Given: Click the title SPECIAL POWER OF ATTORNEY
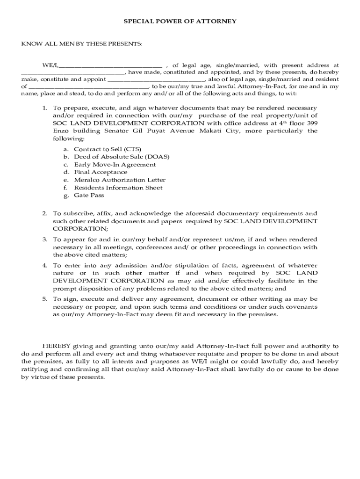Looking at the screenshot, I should click(x=180, y=21).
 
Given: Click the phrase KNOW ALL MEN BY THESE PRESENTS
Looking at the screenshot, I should click(x=81, y=44).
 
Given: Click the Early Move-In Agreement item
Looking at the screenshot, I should click(x=115, y=165).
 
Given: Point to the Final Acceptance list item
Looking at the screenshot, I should click(x=101, y=172).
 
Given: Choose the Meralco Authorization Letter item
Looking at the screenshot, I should click(x=120, y=180).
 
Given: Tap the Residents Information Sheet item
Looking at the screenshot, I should click(x=118, y=188).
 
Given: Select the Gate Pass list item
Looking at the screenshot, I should click(x=89, y=196).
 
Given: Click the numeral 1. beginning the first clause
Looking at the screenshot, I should click(x=45, y=108).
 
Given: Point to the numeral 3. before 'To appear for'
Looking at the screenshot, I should click(x=45, y=239).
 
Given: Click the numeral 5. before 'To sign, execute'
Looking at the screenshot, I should click(x=45, y=299).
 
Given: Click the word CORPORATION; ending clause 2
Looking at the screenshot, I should click(x=80, y=228).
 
